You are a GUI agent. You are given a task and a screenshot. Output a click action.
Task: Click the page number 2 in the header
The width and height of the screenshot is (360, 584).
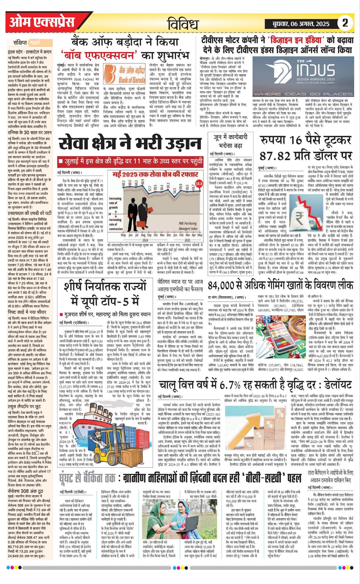point(345,23)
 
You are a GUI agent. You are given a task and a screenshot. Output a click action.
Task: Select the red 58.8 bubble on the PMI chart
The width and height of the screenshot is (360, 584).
point(199,184)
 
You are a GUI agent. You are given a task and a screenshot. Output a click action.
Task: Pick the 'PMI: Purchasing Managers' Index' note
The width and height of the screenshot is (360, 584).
point(188,226)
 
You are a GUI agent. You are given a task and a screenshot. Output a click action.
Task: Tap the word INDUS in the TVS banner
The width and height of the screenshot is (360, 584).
point(316,70)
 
